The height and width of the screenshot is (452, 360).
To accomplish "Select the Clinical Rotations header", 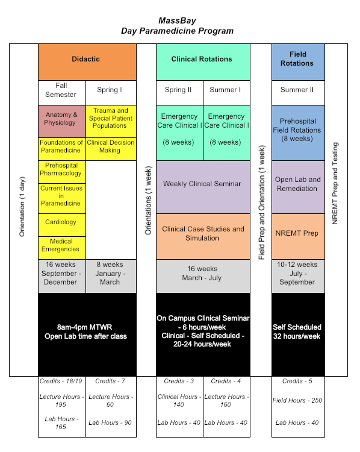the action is (x=203, y=62).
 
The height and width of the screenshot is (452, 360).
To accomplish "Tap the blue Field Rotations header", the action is (x=298, y=62).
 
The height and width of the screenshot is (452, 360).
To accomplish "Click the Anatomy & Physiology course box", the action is (x=62, y=121).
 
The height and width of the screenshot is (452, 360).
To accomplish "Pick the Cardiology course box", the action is (x=62, y=225).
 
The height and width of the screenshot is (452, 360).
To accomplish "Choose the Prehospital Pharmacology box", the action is (x=62, y=172).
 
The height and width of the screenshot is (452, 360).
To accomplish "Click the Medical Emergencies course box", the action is (x=62, y=248).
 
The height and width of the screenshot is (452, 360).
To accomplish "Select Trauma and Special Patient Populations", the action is (x=111, y=121).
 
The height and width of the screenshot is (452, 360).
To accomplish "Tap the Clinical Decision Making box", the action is (x=111, y=149).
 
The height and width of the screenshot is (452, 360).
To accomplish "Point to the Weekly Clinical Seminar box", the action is (x=203, y=187).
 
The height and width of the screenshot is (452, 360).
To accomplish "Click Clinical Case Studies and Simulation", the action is (x=203, y=236).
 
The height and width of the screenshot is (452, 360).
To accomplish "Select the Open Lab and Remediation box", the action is (x=298, y=187).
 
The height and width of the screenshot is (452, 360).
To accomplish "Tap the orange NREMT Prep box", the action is (x=298, y=236).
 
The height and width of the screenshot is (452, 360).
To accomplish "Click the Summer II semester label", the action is (x=297, y=90).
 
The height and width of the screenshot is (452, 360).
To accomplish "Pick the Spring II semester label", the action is (x=178, y=90).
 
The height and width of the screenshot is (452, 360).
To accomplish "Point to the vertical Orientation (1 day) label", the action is (x=22, y=207).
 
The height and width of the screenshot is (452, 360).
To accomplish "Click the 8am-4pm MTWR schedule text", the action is (x=84, y=327).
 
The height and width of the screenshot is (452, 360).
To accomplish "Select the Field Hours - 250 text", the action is (x=297, y=400).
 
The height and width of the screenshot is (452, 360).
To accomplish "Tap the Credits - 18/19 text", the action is (x=61, y=381).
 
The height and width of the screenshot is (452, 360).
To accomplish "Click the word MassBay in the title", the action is (x=177, y=20).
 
